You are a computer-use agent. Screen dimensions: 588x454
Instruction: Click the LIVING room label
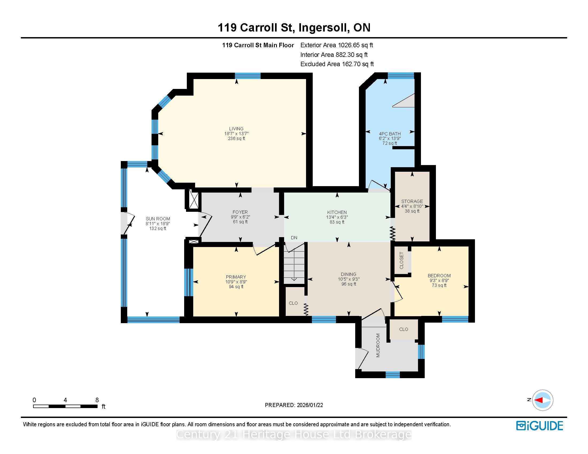(x=236, y=129)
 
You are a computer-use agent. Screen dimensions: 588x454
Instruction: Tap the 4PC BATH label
(x=390, y=134)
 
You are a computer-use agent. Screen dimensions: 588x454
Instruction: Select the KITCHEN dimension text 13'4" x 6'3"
(x=337, y=217)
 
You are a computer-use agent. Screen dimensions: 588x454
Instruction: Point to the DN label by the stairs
(x=294, y=238)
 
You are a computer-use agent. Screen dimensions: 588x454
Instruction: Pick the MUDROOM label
(x=378, y=345)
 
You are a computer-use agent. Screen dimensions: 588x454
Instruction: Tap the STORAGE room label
(x=412, y=201)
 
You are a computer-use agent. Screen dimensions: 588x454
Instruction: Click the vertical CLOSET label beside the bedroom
(x=401, y=260)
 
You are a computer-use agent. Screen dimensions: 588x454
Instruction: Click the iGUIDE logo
(x=540, y=426)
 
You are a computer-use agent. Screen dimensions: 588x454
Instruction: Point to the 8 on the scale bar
(x=97, y=400)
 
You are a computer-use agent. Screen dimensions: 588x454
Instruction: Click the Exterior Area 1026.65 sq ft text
(x=336, y=45)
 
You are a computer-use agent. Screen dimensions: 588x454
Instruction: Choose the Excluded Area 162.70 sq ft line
(x=337, y=64)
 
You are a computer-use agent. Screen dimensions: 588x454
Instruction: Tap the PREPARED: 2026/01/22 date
(x=294, y=405)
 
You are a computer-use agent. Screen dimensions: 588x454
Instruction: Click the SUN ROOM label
(x=158, y=219)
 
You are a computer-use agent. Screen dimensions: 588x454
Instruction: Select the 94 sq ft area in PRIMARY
(x=236, y=287)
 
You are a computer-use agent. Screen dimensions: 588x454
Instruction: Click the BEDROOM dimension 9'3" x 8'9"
(x=439, y=280)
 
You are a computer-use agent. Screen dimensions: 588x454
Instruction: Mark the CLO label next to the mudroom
(x=404, y=329)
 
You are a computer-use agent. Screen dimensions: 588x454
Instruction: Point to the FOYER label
(x=240, y=212)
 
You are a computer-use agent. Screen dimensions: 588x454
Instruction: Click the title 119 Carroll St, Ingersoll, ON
(x=294, y=28)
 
